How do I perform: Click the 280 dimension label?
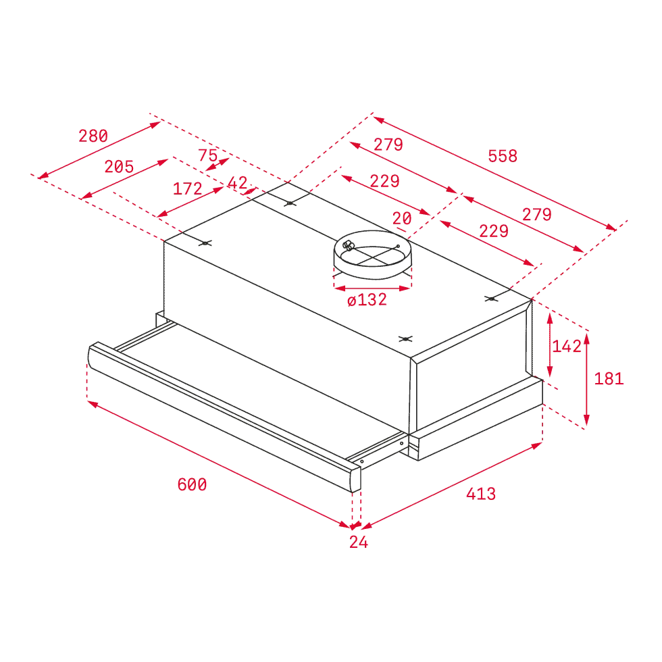pos(93,136)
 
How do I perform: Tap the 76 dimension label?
pos(209,155)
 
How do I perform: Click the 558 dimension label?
pos(503,155)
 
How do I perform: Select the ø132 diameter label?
pos(367,299)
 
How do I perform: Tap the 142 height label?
pos(566,347)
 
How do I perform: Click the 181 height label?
pos(609,380)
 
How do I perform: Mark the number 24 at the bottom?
pos(359,542)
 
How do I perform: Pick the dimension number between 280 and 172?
pos(120,166)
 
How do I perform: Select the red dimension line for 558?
pos(493,173)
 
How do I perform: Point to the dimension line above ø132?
pos(372,288)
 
